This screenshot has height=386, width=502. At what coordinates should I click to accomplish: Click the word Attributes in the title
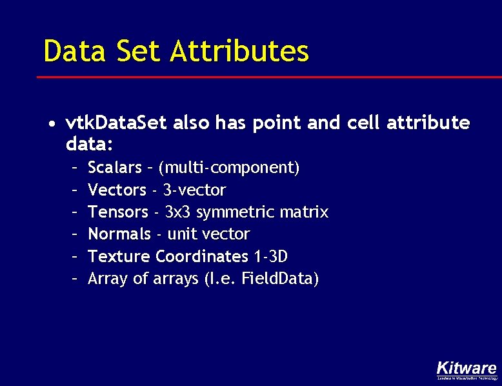pyautogui.click(x=239, y=51)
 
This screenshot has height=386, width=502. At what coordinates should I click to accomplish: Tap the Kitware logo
pyautogui.click(x=466, y=369)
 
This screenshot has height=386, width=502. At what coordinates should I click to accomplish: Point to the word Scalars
pyautogui.click(x=114, y=168)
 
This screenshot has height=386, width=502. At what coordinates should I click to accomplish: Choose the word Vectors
pyautogui.click(x=117, y=190)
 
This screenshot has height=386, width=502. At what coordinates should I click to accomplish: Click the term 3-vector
pyautogui.click(x=194, y=190)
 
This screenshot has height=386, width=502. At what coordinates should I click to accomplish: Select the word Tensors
pyautogui.click(x=118, y=212)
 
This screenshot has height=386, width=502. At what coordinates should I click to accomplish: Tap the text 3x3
pyautogui.click(x=178, y=212)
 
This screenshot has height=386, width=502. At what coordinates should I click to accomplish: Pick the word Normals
pyautogui.click(x=119, y=234)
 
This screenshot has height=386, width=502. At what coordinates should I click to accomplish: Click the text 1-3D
pyautogui.click(x=270, y=256)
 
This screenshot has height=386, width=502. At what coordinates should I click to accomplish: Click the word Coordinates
pyautogui.click(x=201, y=256)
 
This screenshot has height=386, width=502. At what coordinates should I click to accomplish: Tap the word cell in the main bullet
pyautogui.click(x=365, y=123)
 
